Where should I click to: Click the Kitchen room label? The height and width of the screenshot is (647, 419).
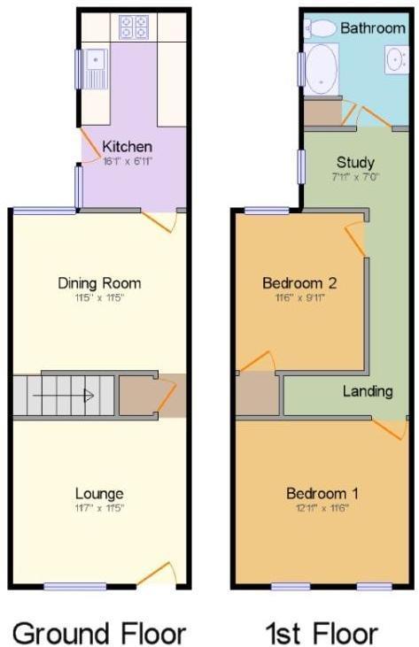(x=127, y=146)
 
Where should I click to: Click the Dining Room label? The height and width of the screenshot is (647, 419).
(x=99, y=283)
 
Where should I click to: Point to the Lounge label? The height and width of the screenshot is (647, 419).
(x=99, y=493)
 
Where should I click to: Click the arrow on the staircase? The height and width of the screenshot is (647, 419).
(x=88, y=396)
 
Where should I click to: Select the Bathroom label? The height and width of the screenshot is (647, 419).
(x=373, y=28)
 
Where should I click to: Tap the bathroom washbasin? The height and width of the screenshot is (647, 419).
(x=395, y=58)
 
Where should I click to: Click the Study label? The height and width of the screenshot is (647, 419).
(x=355, y=162)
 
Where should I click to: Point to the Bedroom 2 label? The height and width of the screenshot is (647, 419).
(x=299, y=283)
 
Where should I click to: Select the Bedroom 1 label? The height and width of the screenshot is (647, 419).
(x=323, y=493)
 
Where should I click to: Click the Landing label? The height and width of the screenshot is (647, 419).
(x=369, y=391)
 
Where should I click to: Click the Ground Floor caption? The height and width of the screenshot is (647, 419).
(x=99, y=633)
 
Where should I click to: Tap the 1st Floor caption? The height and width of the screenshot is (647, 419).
(x=322, y=633)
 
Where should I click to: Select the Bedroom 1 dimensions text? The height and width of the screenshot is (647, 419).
(x=323, y=508)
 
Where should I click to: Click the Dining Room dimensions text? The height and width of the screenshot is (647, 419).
(x=99, y=298)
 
